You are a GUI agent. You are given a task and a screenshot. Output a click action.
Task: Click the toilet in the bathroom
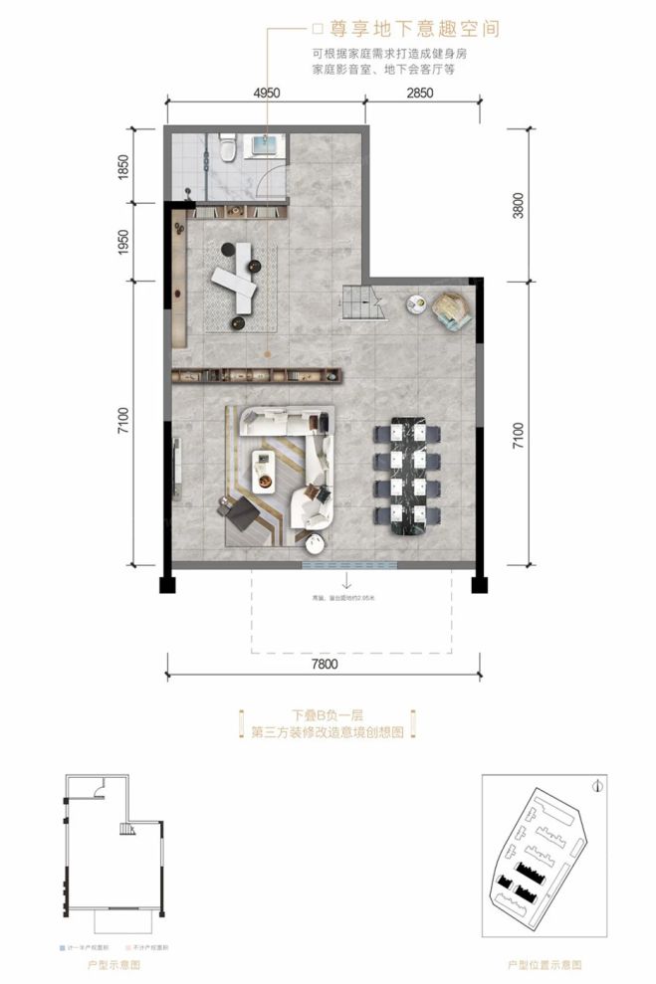(x=228, y=149)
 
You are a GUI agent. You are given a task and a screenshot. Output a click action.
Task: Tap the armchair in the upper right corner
(x=453, y=308)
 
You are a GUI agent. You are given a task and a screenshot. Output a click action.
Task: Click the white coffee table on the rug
(x=264, y=471)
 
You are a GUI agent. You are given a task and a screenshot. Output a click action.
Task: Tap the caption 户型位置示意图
(x=545, y=964)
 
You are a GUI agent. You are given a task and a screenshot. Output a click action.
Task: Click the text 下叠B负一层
(x=328, y=714)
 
